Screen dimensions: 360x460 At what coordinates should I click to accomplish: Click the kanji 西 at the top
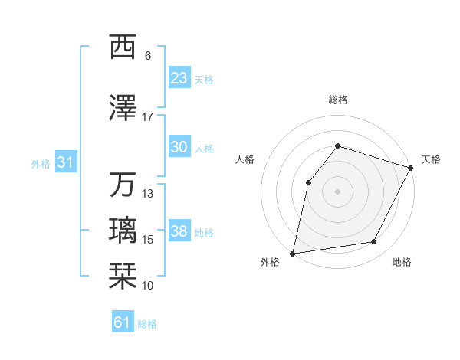click(x=122, y=47)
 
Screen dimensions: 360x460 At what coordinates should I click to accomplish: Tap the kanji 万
click(x=122, y=185)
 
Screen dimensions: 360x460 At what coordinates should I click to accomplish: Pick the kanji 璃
click(x=122, y=231)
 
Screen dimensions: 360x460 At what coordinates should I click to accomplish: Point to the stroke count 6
click(x=148, y=55)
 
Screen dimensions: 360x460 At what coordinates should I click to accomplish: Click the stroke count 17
click(x=148, y=116)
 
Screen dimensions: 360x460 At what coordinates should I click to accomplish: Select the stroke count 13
click(x=148, y=194)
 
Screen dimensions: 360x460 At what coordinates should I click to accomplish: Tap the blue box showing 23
click(x=179, y=78)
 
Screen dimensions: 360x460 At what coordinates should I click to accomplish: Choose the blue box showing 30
click(x=179, y=148)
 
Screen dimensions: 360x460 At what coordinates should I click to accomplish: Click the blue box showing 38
click(x=179, y=231)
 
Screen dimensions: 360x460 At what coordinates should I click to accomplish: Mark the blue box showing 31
click(x=65, y=162)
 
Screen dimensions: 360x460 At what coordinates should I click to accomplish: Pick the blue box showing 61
click(x=122, y=323)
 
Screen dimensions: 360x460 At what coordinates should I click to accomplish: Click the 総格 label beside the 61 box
click(x=147, y=324)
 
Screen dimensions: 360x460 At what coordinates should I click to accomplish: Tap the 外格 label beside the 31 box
click(x=40, y=163)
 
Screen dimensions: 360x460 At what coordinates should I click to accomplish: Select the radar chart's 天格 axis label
click(x=431, y=159)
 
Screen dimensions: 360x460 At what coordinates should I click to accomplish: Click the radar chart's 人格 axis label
click(x=245, y=159)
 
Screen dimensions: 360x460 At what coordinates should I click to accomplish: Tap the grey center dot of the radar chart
click(x=337, y=191)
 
